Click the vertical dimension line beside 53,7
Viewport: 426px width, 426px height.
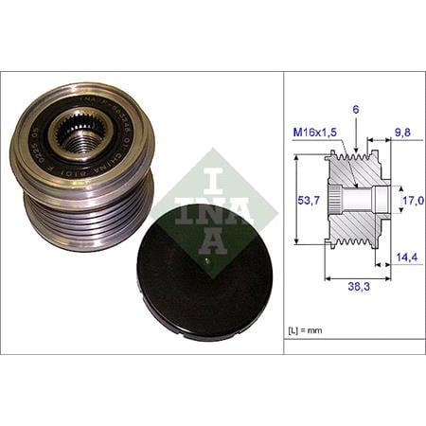pos(295,202)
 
